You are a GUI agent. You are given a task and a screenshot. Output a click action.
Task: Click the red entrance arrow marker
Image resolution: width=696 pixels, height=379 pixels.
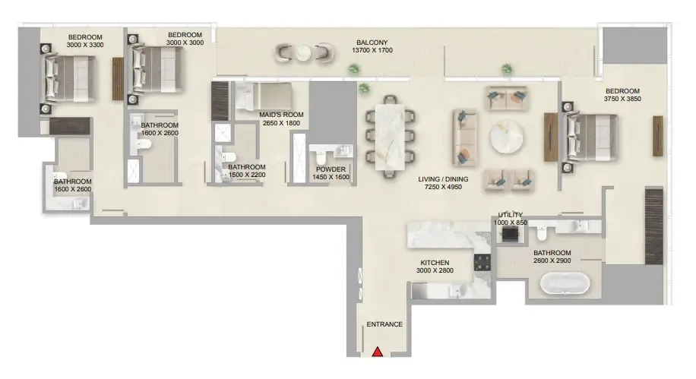pyautogui.click(x=378, y=352)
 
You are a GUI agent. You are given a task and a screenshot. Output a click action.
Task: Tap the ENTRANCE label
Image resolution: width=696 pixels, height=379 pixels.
pyautogui.click(x=384, y=324)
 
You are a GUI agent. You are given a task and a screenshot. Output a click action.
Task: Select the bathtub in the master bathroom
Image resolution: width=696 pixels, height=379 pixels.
pyautogui.click(x=565, y=283)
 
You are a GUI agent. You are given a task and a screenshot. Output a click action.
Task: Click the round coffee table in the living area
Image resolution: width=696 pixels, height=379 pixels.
pyautogui.click(x=507, y=137)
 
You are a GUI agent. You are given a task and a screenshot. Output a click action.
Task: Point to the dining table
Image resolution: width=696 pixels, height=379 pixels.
pyautogui.click(x=390, y=137)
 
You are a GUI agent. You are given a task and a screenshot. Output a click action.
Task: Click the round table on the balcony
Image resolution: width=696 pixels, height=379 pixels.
pyautogui.click(x=304, y=54)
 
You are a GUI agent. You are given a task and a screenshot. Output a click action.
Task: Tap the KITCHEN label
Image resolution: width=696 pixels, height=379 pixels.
pyautogui.click(x=435, y=263)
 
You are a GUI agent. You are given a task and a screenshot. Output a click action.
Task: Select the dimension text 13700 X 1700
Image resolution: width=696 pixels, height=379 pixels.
pyautogui.click(x=372, y=51)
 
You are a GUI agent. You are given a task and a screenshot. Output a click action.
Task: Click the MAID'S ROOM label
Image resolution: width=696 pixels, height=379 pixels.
pyautogui.click(x=281, y=115)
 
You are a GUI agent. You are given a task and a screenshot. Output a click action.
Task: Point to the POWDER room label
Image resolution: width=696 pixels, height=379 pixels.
pyautogui.click(x=331, y=169)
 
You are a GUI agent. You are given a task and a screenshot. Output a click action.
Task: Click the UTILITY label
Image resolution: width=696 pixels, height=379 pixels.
pyautogui.click(x=511, y=215)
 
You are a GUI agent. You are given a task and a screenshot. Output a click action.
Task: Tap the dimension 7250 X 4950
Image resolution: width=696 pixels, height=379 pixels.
pyautogui.click(x=443, y=187)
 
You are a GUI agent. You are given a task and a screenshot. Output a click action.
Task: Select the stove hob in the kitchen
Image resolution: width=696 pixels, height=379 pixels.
pyautogui.click(x=482, y=262)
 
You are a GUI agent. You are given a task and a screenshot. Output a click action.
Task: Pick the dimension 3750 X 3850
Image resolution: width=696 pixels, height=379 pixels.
pyautogui.click(x=622, y=99)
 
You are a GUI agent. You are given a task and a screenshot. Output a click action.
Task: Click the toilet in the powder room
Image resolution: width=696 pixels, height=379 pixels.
pyautogui.click(x=321, y=156)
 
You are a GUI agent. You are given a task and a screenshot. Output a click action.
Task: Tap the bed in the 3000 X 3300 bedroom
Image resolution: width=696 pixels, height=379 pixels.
pyautogui.click(x=70, y=78)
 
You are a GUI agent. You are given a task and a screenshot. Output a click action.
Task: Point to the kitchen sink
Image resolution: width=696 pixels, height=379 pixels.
pyautogui.click(x=457, y=291)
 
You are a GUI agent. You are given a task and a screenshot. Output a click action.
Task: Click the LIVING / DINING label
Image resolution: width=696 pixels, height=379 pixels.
pyautogui.click(x=443, y=179)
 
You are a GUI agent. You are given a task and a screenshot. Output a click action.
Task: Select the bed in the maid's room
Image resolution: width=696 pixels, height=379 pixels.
pyautogui.click(x=264, y=96)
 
